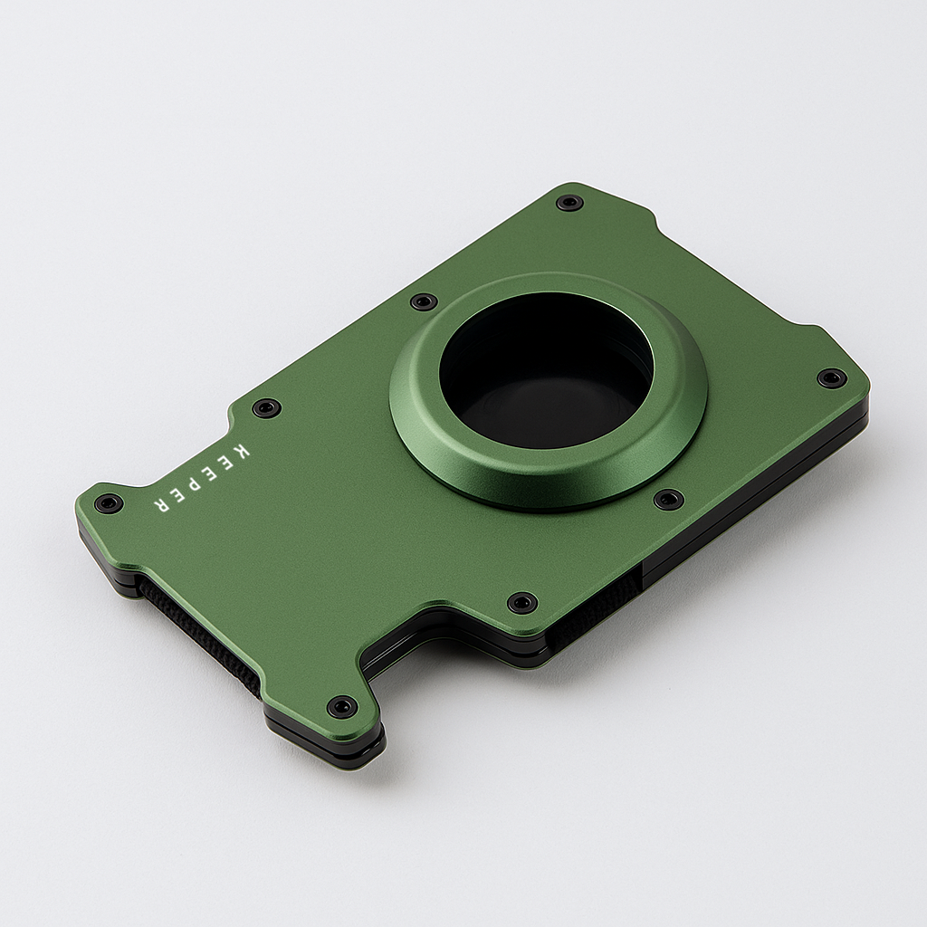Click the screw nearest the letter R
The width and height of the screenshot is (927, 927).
coord(109,503)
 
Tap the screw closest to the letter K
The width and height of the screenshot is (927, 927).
coord(266,408)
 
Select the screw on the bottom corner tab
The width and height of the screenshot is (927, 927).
coord(342,706)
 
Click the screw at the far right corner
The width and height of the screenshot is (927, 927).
coord(832,377)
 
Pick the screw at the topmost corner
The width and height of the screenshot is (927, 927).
coord(569,202)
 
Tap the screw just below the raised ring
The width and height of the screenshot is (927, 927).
coord(668,499)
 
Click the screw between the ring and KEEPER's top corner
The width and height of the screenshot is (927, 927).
coord(424,301)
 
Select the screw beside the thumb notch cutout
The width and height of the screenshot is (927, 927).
coord(522,602)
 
